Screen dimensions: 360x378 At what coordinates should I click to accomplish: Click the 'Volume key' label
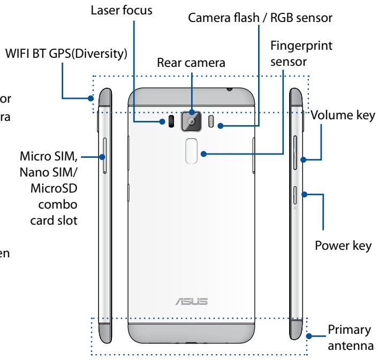coord(343,116)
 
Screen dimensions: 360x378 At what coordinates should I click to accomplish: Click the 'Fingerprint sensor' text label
coord(305,55)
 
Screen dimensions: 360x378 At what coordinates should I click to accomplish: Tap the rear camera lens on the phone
coord(191,121)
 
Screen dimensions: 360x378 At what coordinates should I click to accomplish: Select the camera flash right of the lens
coord(210,122)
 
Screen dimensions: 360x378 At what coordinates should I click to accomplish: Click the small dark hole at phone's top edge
coord(228,89)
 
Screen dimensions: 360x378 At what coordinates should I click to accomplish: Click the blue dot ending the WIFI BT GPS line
coord(92,98)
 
